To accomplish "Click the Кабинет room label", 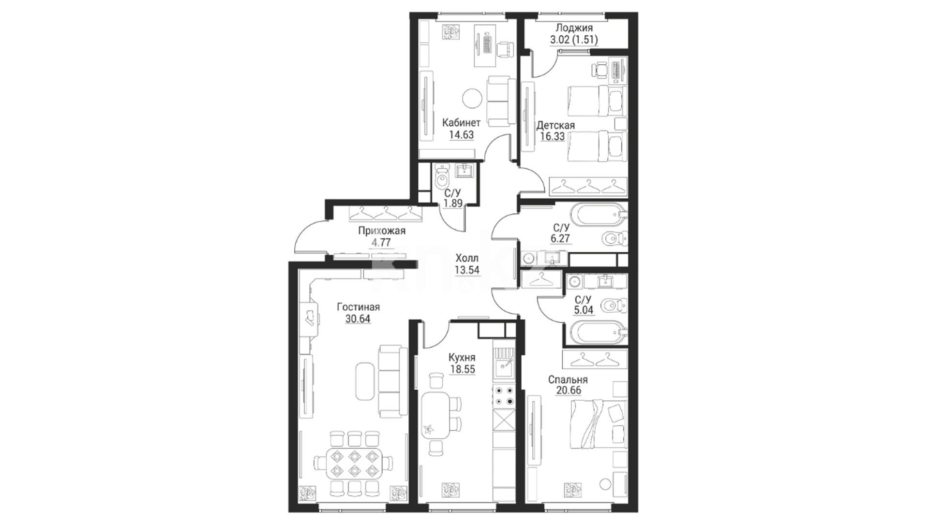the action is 462,123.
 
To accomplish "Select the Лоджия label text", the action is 574,28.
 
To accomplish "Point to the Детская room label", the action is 555,126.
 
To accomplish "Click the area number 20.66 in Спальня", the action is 569,391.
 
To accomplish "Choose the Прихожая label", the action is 382,231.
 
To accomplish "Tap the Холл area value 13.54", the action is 467,270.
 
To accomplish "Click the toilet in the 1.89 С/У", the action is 442,179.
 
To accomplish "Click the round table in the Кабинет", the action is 472,99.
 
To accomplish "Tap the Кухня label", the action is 462,358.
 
